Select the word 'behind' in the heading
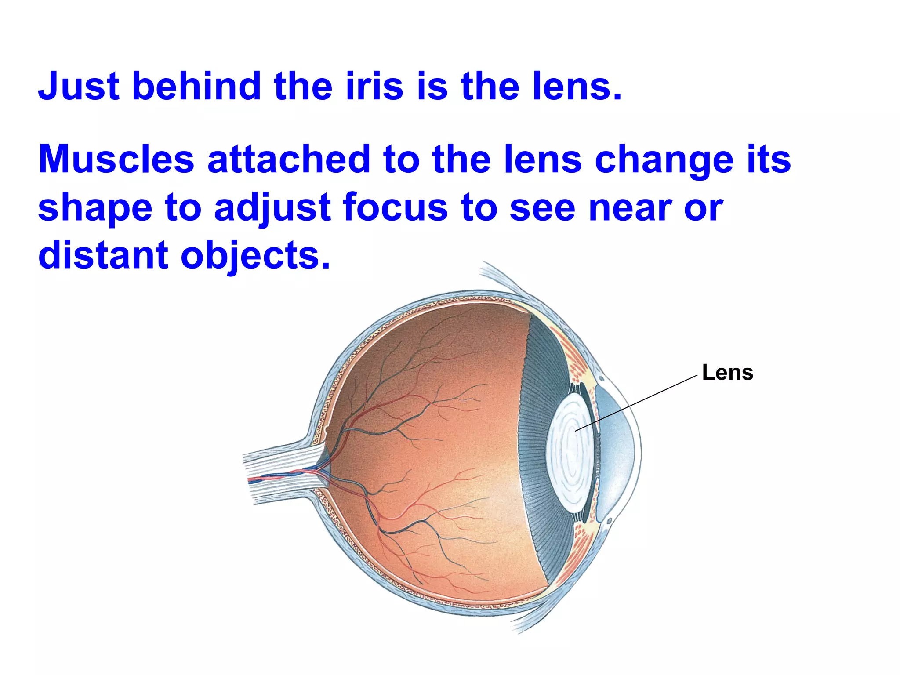[x=197, y=86]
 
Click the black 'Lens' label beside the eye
[x=727, y=373]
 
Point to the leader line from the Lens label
[x=637, y=403]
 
